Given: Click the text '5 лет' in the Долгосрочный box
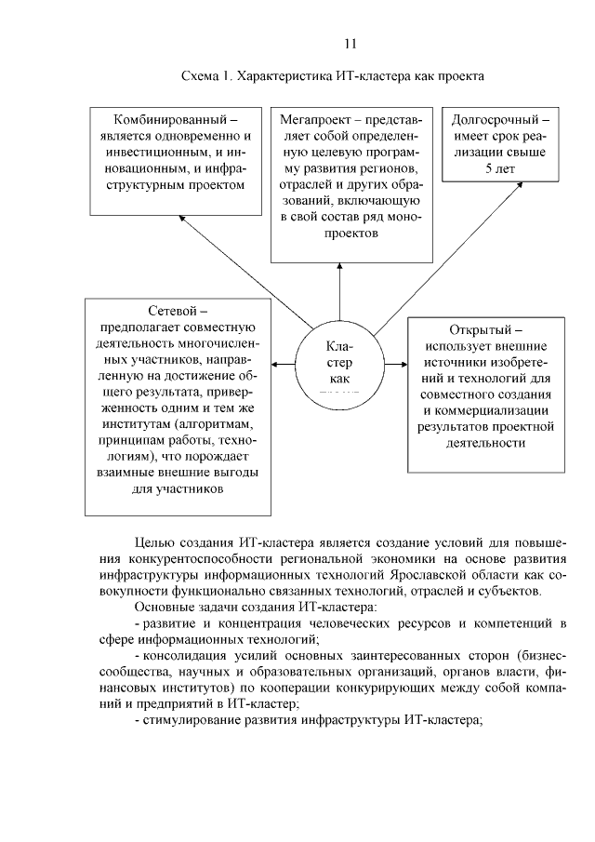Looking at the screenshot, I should (500, 168).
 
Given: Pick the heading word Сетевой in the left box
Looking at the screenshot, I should (178, 311).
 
